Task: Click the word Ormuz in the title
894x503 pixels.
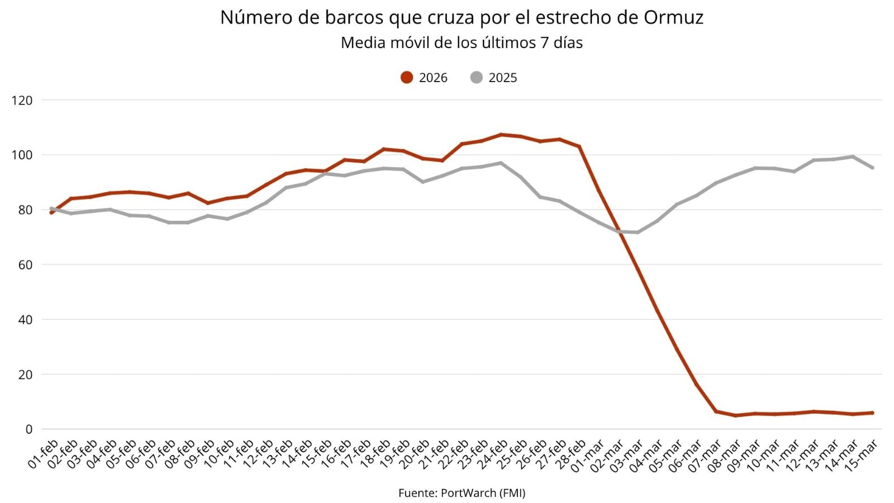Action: coord(673,18)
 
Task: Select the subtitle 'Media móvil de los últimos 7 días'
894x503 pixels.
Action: coord(462,43)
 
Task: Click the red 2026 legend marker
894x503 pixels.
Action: coord(407,78)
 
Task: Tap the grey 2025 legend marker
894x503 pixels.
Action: coord(476,78)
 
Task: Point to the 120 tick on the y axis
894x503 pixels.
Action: coord(22,101)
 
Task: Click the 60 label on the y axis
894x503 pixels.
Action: coord(25,265)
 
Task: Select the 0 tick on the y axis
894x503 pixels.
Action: coord(29,429)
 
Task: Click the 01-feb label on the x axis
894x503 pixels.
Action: coord(44,454)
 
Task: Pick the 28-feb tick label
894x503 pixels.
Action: coord(571,454)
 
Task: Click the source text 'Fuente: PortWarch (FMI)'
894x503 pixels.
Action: coord(462,492)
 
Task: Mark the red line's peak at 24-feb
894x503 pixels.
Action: coord(501,135)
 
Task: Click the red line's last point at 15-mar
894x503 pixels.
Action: coord(872,413)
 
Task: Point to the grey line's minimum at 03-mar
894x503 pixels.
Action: coord(638,232)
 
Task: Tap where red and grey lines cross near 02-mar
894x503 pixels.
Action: coord(619,231)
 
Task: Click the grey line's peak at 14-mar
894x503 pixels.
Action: coord(853,156)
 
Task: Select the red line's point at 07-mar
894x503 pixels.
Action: coord(716,411)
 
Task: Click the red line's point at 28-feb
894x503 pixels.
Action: coord(579,146)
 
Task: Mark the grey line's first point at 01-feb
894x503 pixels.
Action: coord(51,209)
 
